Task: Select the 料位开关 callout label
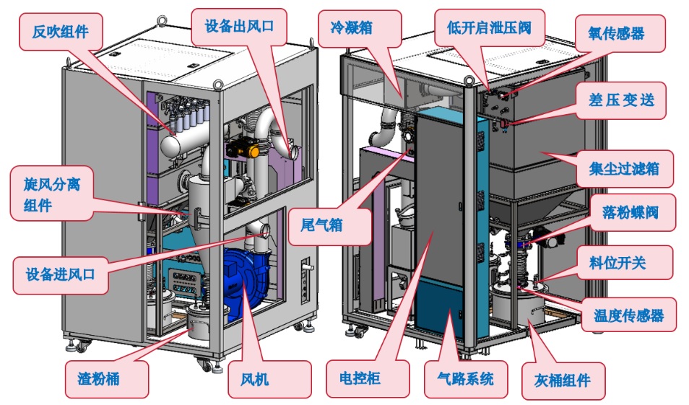click(x=625, y=264)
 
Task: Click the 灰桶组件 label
click(x=563, y=380)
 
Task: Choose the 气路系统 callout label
click(x=466, y=379)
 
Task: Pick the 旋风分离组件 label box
click(x=52, y=194)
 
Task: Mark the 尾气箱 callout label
click(x=321, y=225)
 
